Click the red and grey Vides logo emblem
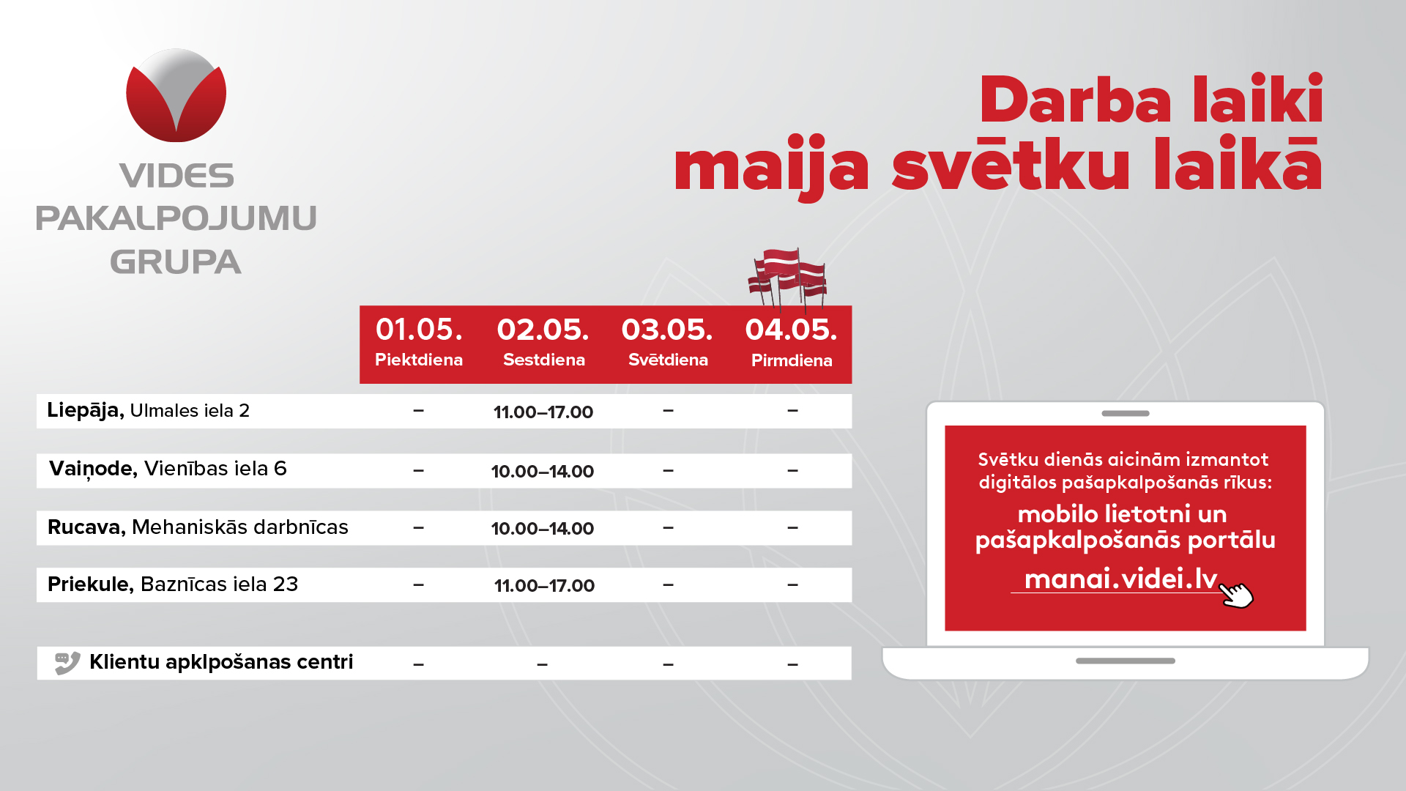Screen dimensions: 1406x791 pyautogui.click(x=176, y=95)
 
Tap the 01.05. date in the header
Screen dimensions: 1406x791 pyautogui.click(x=419, y=330)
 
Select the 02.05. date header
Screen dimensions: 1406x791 pyautogui.click(x=543, y=330)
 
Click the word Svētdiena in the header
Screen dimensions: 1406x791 pyautogui.click(x=668, y=360)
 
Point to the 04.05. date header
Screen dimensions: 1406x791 pyautogui.click(x=791, y=330)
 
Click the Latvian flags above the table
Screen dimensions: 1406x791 pyautogui.click(x=788, y=278)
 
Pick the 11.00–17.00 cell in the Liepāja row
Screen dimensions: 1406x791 pyautogui.click(x=543, y=412)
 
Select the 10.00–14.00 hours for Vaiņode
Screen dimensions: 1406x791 pyautogui.click(x=543, y=471)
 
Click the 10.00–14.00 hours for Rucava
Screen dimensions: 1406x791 pyautogui.click(x=543, y=528)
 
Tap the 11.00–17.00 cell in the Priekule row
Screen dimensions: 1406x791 pyautogui.click(x=544, y=585)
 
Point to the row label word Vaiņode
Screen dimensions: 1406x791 pyautogui.click(x=93, y=469)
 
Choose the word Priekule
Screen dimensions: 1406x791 pyautogui.click(x=90, y=584)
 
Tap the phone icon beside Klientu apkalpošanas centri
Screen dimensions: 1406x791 pyautogui.click(x=67, y=663)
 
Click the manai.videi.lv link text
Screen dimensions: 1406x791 pyautogui.click(x=1120, y=579)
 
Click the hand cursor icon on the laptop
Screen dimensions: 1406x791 pyautogui.click(x=1236, y=594)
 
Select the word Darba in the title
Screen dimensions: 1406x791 pyautogui.click(x=1075, y=100)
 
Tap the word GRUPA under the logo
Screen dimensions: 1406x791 pyautogui.click(x=176, y=262)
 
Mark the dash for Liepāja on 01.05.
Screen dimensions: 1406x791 pyautogui.click(x=418, y=411)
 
